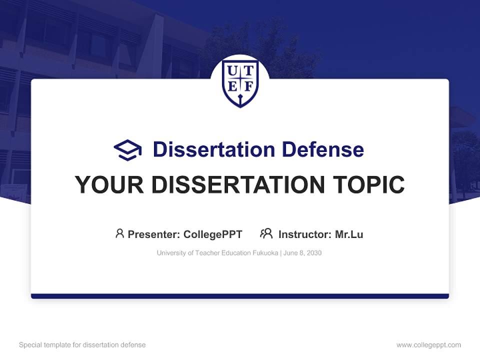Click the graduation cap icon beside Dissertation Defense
127,149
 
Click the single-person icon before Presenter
119,233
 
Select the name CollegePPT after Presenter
212,234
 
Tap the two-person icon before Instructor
266,233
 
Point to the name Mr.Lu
349,234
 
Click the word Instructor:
305,234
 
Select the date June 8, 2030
302,253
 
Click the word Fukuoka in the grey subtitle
265,253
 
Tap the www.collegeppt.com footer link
428,345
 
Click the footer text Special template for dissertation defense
82,345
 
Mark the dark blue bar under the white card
240,296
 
